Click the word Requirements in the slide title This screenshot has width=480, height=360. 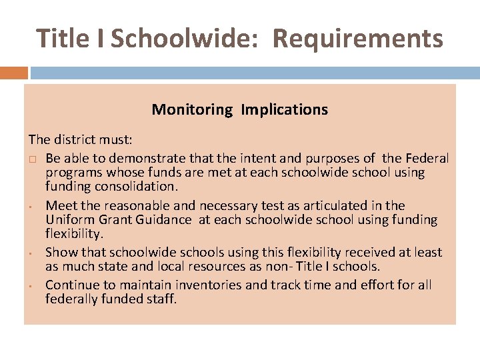(x=357, y=39)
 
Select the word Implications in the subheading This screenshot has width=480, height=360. (x=285, y=109)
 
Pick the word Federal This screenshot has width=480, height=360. (x=425, y=159)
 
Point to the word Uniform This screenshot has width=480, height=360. (x=67, y=219)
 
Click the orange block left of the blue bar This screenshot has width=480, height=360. (x=14, y=73)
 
